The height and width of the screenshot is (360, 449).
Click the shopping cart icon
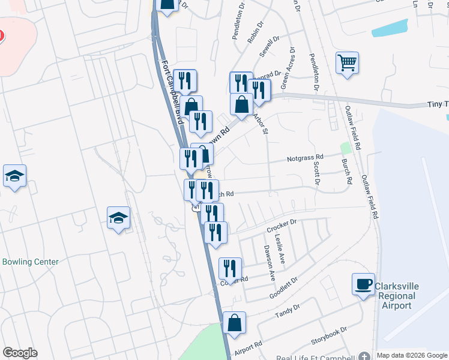pyautogui.click(x=348, y=63)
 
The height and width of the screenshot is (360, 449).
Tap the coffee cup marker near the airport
pyautogui.click(x=363, y=285)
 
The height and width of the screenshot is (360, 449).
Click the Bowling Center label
pyautogui.click(x=31, y=262)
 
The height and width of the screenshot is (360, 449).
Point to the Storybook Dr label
pyautogui.click(x=329, y=336)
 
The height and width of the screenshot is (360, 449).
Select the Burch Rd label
pyautogui.click(x=346, y=172)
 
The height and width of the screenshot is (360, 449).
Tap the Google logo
pyautogui.click(x=20, y=353)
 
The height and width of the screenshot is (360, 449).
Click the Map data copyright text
pyautogui.click(x=412, y=355)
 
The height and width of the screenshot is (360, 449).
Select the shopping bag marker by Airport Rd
pyautogui.click(x=234, y=324)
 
